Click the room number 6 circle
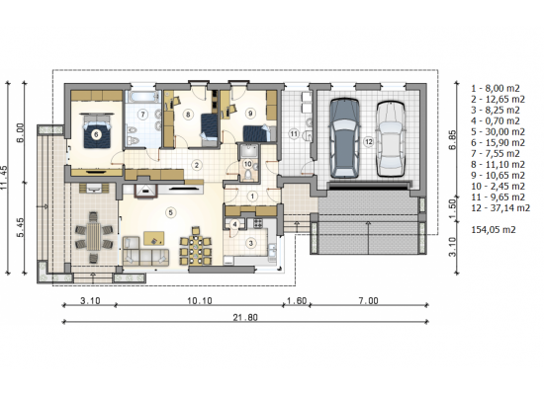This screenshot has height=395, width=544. [97, 134]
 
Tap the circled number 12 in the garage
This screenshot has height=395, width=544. [368, 141]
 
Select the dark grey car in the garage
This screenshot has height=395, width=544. [344, 138]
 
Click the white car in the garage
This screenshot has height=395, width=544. [391, 139]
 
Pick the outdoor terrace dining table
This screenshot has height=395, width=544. [93, 237]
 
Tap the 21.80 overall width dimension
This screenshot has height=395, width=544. [245, 317]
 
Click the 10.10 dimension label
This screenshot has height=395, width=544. [200, 300]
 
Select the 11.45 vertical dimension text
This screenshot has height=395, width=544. [4, 177]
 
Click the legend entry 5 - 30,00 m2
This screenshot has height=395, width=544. [498, 131]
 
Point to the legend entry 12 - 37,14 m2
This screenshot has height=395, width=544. [500, 208]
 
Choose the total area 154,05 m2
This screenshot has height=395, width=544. [493, 229]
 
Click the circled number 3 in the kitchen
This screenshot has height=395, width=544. [251, 243]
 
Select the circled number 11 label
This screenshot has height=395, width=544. [294, 133]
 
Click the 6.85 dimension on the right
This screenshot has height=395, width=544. [453, 139]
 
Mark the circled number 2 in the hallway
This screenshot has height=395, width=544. [197, 165]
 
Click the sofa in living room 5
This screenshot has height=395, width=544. [145, 251]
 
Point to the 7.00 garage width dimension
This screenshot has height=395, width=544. [369, 300]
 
